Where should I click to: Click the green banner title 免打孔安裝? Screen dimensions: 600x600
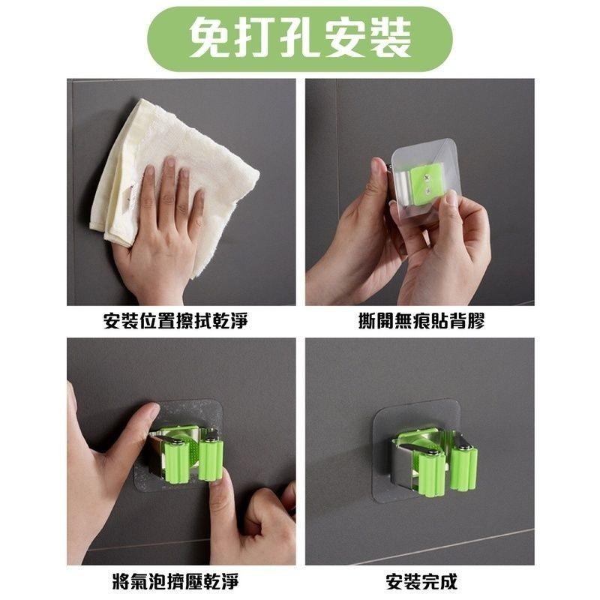click(x=300, y=38)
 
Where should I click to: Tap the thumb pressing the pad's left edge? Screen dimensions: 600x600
click(x=127, y=435)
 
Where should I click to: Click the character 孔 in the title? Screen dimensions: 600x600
click(x=300, y=38)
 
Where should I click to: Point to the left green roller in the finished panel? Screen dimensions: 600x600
click(x=430, y=472)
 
